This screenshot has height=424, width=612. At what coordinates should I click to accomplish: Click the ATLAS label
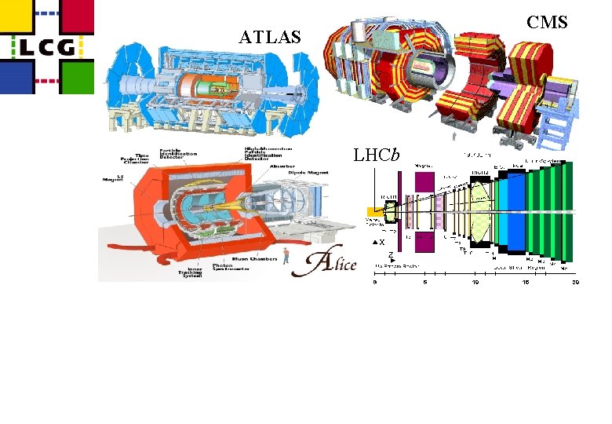coord(271,36)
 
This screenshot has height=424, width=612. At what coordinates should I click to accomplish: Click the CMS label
coord(547,22)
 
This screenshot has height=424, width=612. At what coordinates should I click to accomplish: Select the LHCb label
coord(377,155)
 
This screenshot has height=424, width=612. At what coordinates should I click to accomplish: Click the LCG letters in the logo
coord(46,47)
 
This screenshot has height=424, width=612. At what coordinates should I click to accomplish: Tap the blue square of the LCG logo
coord(16,78)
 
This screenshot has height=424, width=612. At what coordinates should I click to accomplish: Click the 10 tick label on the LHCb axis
coord(474,282)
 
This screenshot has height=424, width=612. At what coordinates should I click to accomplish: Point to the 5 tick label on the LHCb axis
coord(424,282)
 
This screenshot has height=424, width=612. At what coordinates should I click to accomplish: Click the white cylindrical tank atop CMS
coord(359,32)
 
